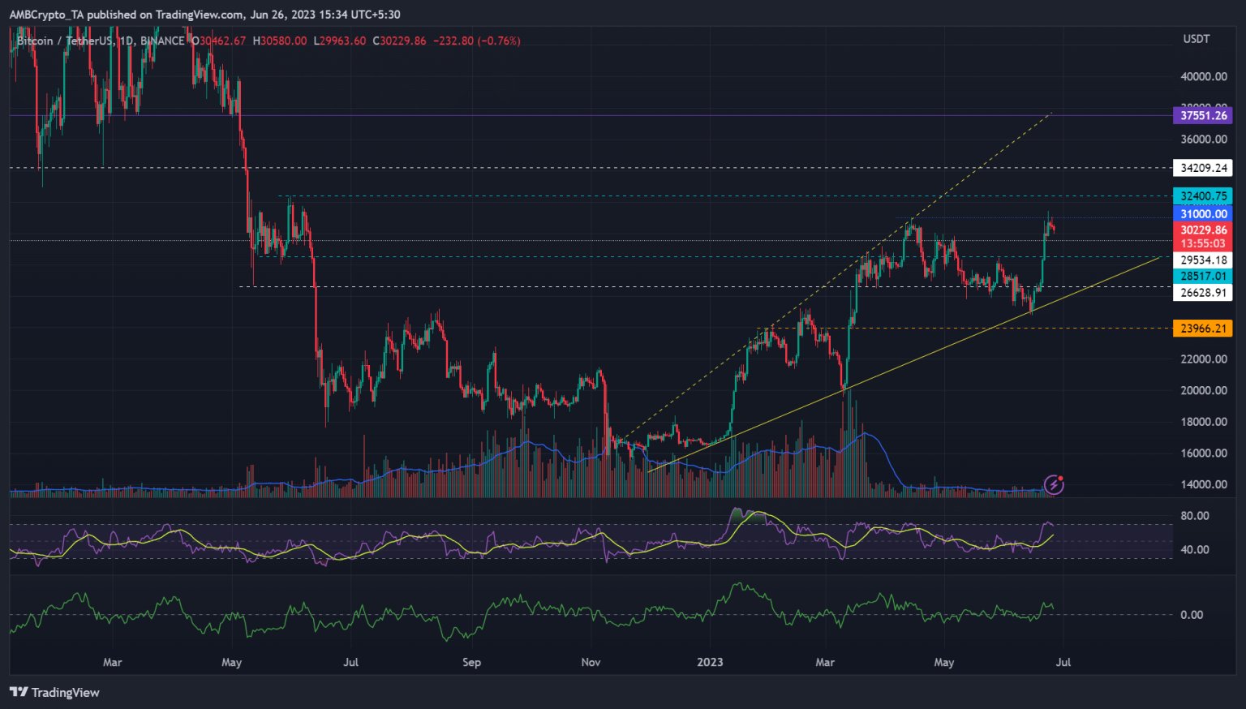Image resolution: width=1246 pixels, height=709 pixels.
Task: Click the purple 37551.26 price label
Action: click(x=1203, y=115)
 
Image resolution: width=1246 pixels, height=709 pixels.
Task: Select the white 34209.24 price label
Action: click(x=1203, y=168)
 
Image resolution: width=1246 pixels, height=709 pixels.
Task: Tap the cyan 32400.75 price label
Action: click(x=1203, y=196)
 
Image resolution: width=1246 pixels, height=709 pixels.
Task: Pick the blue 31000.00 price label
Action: click(x=1203, y=214)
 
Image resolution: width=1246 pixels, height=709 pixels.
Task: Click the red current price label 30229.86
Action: click(x=1203, y=230)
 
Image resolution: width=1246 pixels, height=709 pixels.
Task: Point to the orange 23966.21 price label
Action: click(x=1203, y=329)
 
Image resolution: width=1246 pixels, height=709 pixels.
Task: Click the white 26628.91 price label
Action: click(x=1203, y=293)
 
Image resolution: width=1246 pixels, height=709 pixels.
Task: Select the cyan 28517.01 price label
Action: click(x=1203, y=277)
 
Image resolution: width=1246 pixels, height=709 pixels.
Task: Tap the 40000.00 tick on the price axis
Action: click(x=1203, y=77)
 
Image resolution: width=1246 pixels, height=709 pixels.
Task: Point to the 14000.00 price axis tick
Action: click(x=1203, y=484)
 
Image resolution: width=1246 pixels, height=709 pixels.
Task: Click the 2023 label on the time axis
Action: click(x=710, y=662)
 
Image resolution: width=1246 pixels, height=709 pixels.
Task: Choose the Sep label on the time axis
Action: click(x=471, y=662)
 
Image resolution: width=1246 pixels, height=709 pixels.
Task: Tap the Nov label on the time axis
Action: click(x=591, y=662)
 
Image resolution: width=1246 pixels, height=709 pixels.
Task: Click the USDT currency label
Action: click(x=1197, y=39)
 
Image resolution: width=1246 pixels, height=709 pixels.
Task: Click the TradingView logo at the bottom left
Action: click(x=54, y=692)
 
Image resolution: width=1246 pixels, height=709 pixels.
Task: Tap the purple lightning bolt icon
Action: click(x=1054, y=485)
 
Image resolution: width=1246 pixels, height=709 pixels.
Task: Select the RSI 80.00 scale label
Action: click(x=1195, y=516)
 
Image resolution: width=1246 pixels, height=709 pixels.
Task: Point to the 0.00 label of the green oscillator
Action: click(x=1192, y=615)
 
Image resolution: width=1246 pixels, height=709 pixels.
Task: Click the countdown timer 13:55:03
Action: click(x=1203, y=243)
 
